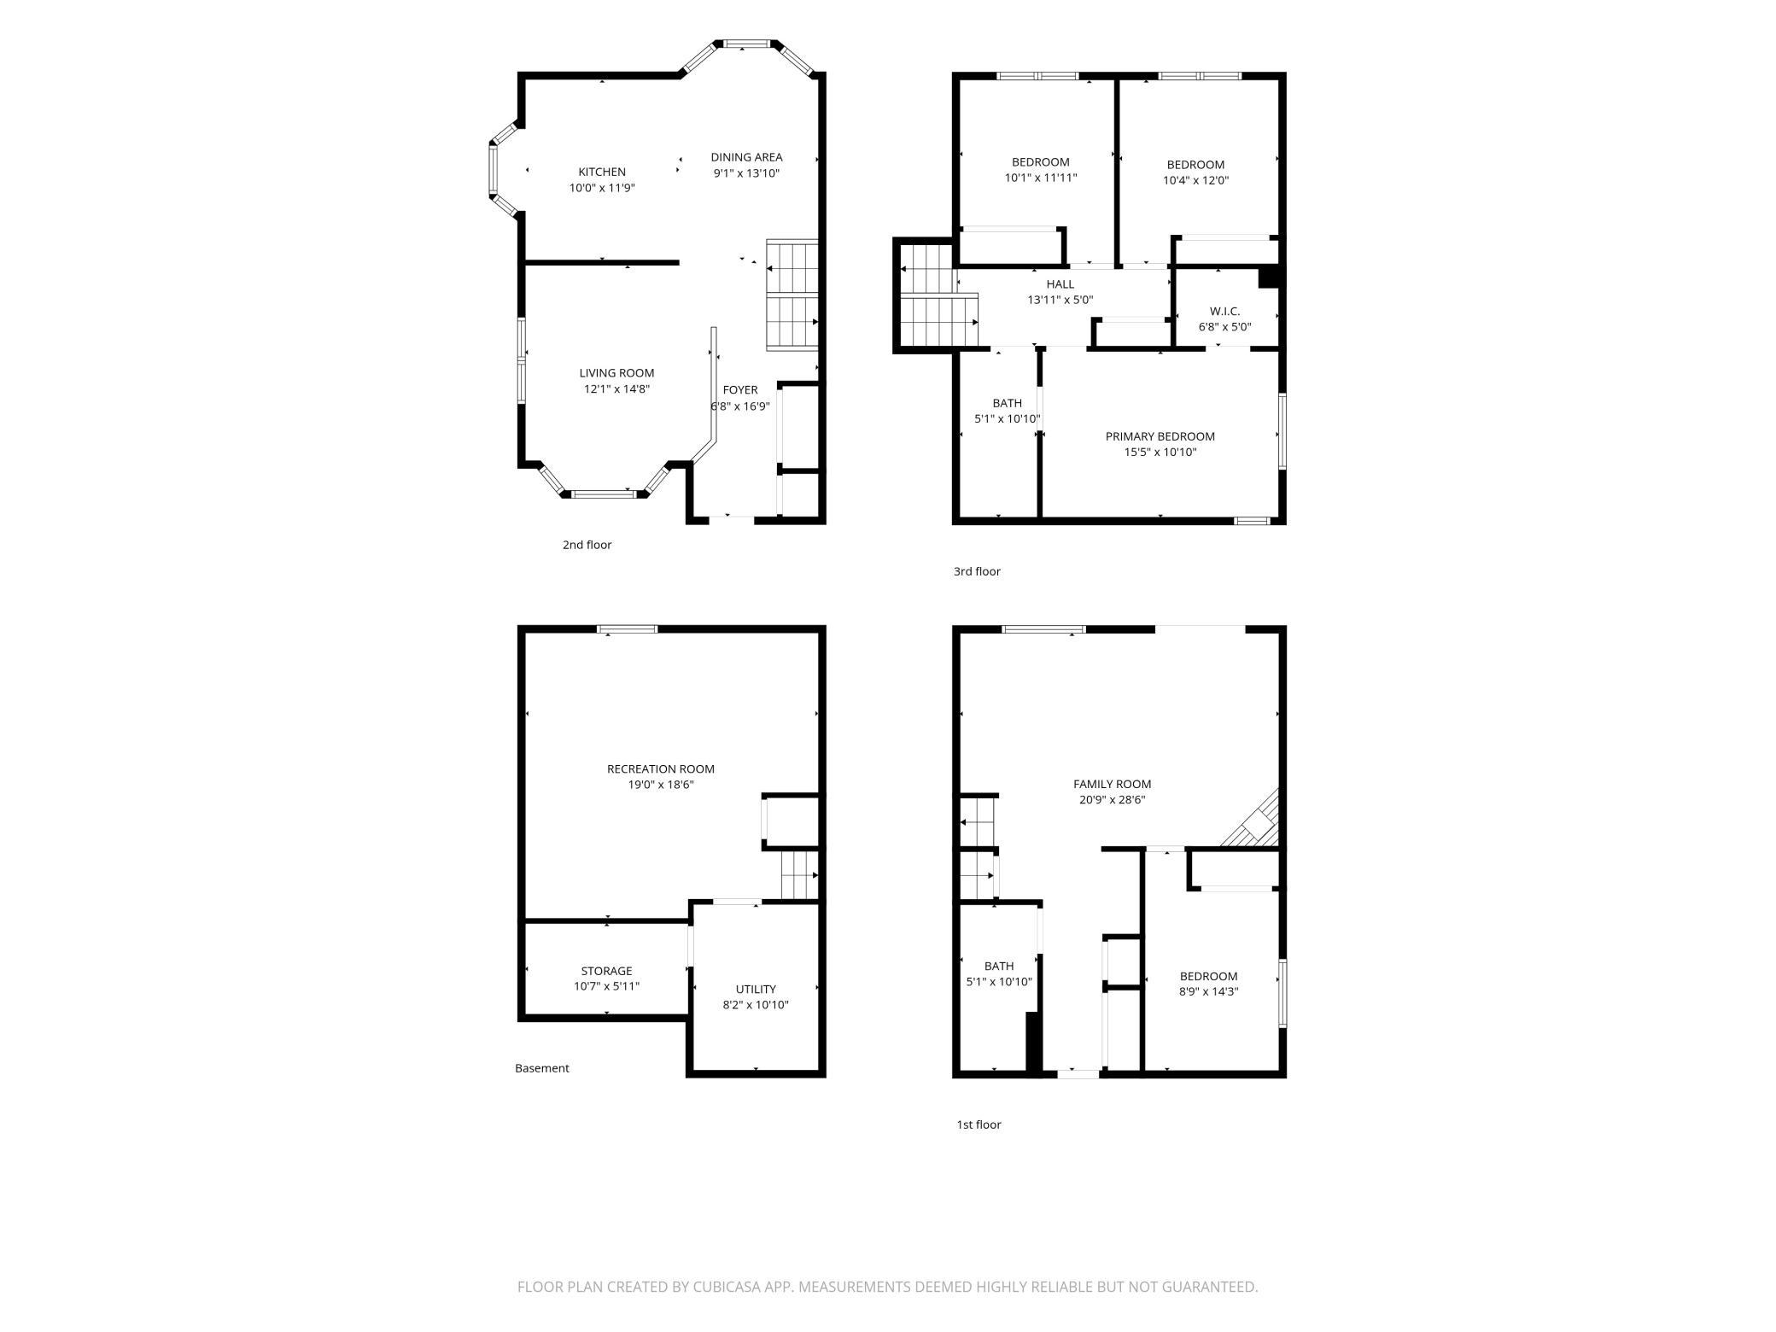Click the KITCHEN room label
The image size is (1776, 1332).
click(x=602, y=172)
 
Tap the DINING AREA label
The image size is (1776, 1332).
click(x=746, y=157)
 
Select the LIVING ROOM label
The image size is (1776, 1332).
click(x=616, y=373)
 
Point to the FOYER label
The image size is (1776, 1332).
click(x=740, y=390)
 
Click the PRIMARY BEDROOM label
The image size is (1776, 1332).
click(x=1160, y=436)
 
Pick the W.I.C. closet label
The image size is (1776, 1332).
click(x=1224, y=311)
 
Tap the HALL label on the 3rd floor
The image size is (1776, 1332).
click(x=1060, y=284)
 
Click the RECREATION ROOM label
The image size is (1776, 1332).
click(x=661, y=768)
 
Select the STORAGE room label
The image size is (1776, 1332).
click(x=606, y=971)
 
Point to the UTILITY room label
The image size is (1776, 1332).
click(x=756, y=990)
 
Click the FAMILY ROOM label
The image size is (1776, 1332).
click(x=1112, y=784)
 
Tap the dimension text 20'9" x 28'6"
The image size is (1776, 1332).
click(x=1112, y=800)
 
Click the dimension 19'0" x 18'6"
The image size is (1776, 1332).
click(x=661, y=785)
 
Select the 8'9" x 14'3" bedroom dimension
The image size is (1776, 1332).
click(x=1208, y=992)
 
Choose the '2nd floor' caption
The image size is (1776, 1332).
click(x=587, y=545)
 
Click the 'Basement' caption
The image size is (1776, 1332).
click(x=541, y=1068)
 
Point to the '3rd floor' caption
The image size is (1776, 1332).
click(x=977, y=571)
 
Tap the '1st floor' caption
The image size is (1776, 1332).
click(x=979, y=1125)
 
